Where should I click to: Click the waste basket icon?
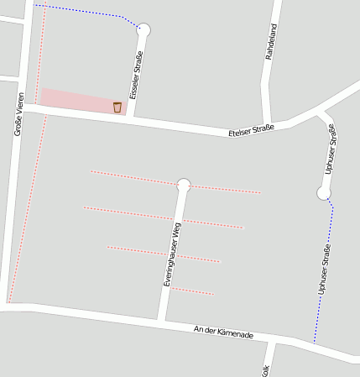117,107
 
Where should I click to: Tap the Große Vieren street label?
18,115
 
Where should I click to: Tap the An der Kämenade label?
223,332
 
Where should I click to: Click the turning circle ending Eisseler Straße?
143,30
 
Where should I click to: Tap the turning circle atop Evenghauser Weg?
184,185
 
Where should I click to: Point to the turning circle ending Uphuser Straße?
324,193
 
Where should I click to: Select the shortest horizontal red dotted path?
192,291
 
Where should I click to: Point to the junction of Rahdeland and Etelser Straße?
267,126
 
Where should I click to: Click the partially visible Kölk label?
265,370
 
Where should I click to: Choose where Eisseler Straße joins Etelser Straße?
131,116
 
